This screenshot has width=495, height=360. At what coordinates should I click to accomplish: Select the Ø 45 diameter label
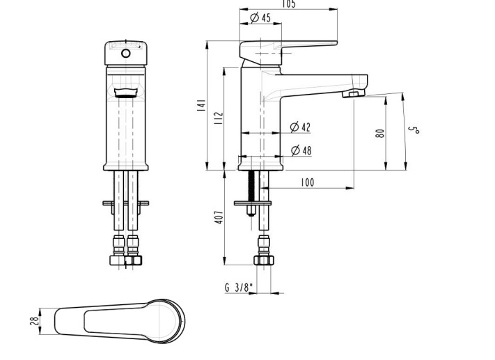(x=260, y=17)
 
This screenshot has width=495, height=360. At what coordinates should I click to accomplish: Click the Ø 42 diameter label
(x=300, y=127)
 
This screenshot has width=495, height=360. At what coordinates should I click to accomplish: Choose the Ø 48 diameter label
(x=300, y=150)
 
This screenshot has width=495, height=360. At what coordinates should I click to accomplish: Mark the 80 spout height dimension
(x=380, y=132)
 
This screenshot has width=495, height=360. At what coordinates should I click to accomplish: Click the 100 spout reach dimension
(x=307, y=182)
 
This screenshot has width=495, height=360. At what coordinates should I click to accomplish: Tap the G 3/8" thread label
(x=239, y=288)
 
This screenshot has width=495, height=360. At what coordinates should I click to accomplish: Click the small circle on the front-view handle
(x=126, y=53)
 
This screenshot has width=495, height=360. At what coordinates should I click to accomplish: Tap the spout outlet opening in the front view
(x=126, y=93)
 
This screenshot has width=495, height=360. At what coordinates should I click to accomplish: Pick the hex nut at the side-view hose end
(x=263, y=260)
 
